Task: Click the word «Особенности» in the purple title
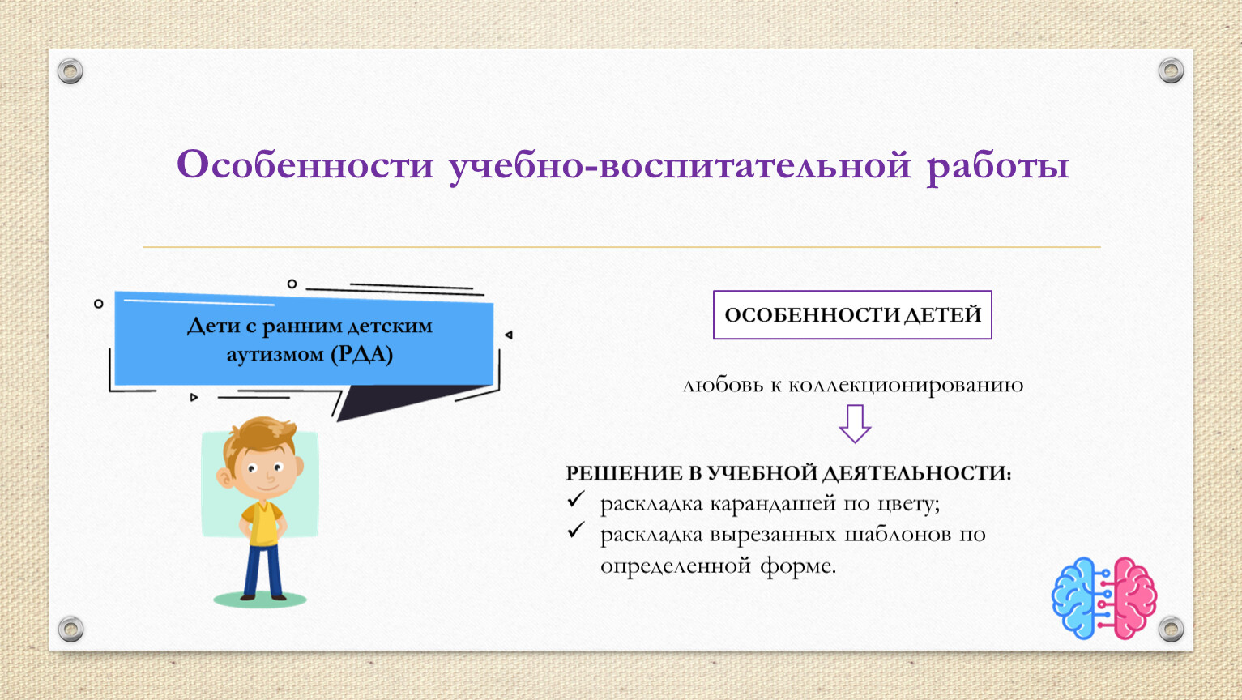[x=305, y=164]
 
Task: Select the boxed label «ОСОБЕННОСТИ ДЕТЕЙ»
[x=852, y=315]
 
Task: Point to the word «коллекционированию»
[x=906, y=385]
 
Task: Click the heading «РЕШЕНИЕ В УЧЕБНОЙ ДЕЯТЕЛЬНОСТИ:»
[x=788, y=473]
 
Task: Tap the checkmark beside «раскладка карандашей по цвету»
[x=576, y=499]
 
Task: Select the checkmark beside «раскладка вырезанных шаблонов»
[x=576, y=531]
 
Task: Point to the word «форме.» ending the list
[x=798, y=566]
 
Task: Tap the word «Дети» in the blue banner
[x=213, y=326]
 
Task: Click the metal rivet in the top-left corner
[x=70, y=71]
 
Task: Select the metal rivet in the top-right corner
[x=1171, y=70]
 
